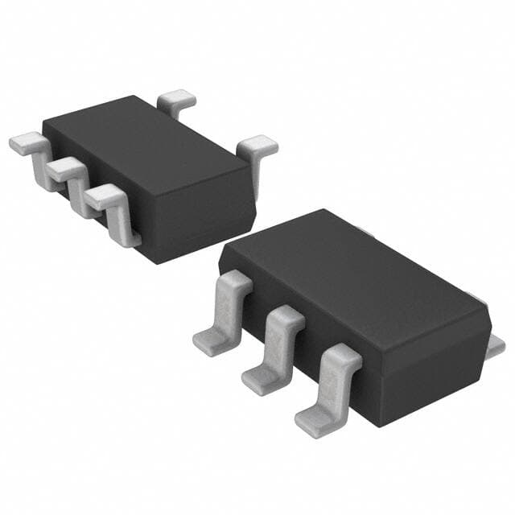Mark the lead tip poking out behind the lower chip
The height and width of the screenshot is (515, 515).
[496, 344]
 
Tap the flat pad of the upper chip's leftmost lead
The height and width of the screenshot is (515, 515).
[24, 143]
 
